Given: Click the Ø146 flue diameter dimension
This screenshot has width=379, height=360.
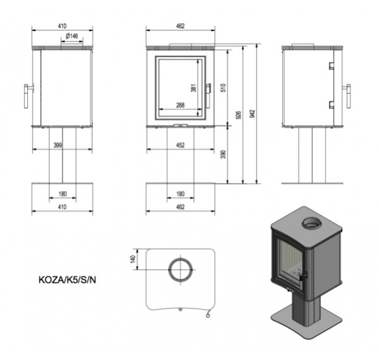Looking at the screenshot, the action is click(x=72, y=36).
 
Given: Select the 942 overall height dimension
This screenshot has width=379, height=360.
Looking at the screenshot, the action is click(x=253, y=114).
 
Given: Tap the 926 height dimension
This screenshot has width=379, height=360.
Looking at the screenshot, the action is click(x=238, y=115).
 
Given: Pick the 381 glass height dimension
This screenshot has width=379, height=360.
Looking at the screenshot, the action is click(x=193, y=87).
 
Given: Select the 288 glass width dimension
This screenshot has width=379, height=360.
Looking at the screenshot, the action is click(x=181, y=105).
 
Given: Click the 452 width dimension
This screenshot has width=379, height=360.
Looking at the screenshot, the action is click(x=181, y=145).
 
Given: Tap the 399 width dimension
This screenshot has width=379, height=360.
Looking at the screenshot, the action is click(x=58, y=145).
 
